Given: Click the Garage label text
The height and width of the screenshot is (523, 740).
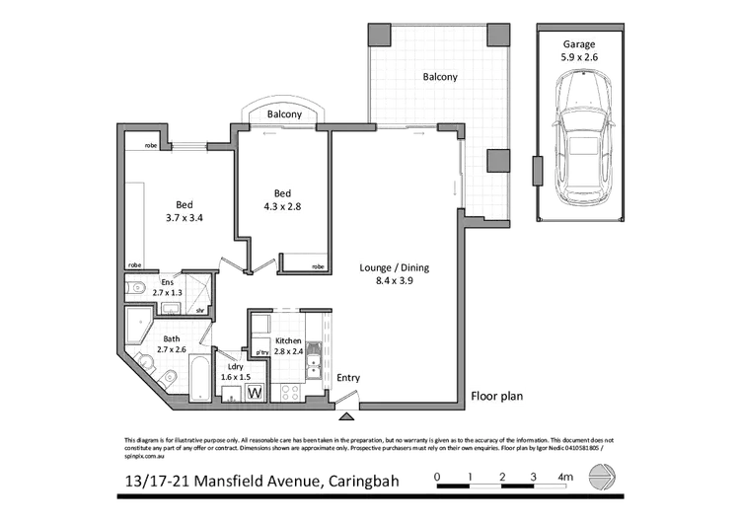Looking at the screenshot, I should pos(579,44).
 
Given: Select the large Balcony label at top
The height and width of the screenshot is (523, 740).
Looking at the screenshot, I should pos(441,76).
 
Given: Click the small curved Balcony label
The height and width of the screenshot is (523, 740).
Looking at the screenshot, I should pos(284,115).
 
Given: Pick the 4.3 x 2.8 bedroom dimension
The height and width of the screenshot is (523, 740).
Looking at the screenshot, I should pos(281,206).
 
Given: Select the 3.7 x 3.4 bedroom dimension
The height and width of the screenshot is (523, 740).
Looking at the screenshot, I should pos(185,218).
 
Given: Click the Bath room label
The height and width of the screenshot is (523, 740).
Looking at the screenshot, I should pos(172,338).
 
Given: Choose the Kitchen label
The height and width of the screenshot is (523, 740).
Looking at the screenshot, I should pos(288,340).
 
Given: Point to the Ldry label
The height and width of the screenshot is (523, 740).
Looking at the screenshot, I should pos(236,366).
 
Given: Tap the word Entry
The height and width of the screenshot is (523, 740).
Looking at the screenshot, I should pos(348,378).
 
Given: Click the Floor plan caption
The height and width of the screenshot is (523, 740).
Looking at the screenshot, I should pos(497,397).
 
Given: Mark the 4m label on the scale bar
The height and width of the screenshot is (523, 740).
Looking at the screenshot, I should pos(565,478).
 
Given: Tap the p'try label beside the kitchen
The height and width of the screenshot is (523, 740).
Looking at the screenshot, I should pos(261,351).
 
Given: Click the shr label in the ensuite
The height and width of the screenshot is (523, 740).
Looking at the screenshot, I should pos(199,310).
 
